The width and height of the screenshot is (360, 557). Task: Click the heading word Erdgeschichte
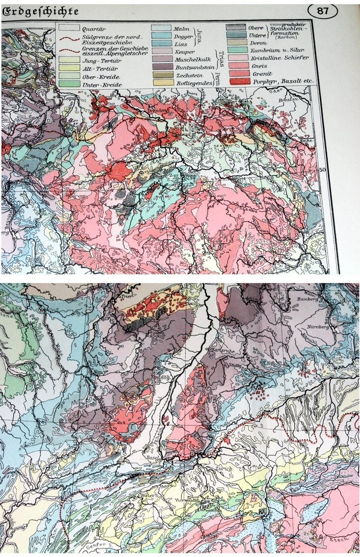pos(40,12)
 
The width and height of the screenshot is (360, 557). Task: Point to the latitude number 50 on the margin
pos(325,169)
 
